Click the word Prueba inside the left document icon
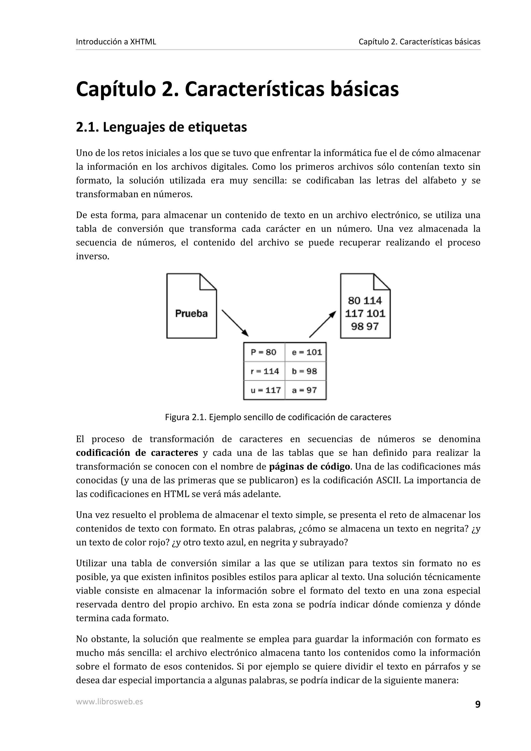(x=191, y=313)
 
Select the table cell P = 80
(x=264, y=352)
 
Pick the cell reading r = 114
(x=264, y=371)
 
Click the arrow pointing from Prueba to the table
(x=235, y=323)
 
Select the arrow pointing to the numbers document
(x=323, y=324)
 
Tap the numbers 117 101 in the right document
(x=365, y=313)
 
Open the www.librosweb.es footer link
(x=109, y=701)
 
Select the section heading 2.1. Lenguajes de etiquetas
(x=161, y=127)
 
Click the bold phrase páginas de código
(x=309, y=467)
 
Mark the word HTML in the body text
(x=176, y=494)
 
